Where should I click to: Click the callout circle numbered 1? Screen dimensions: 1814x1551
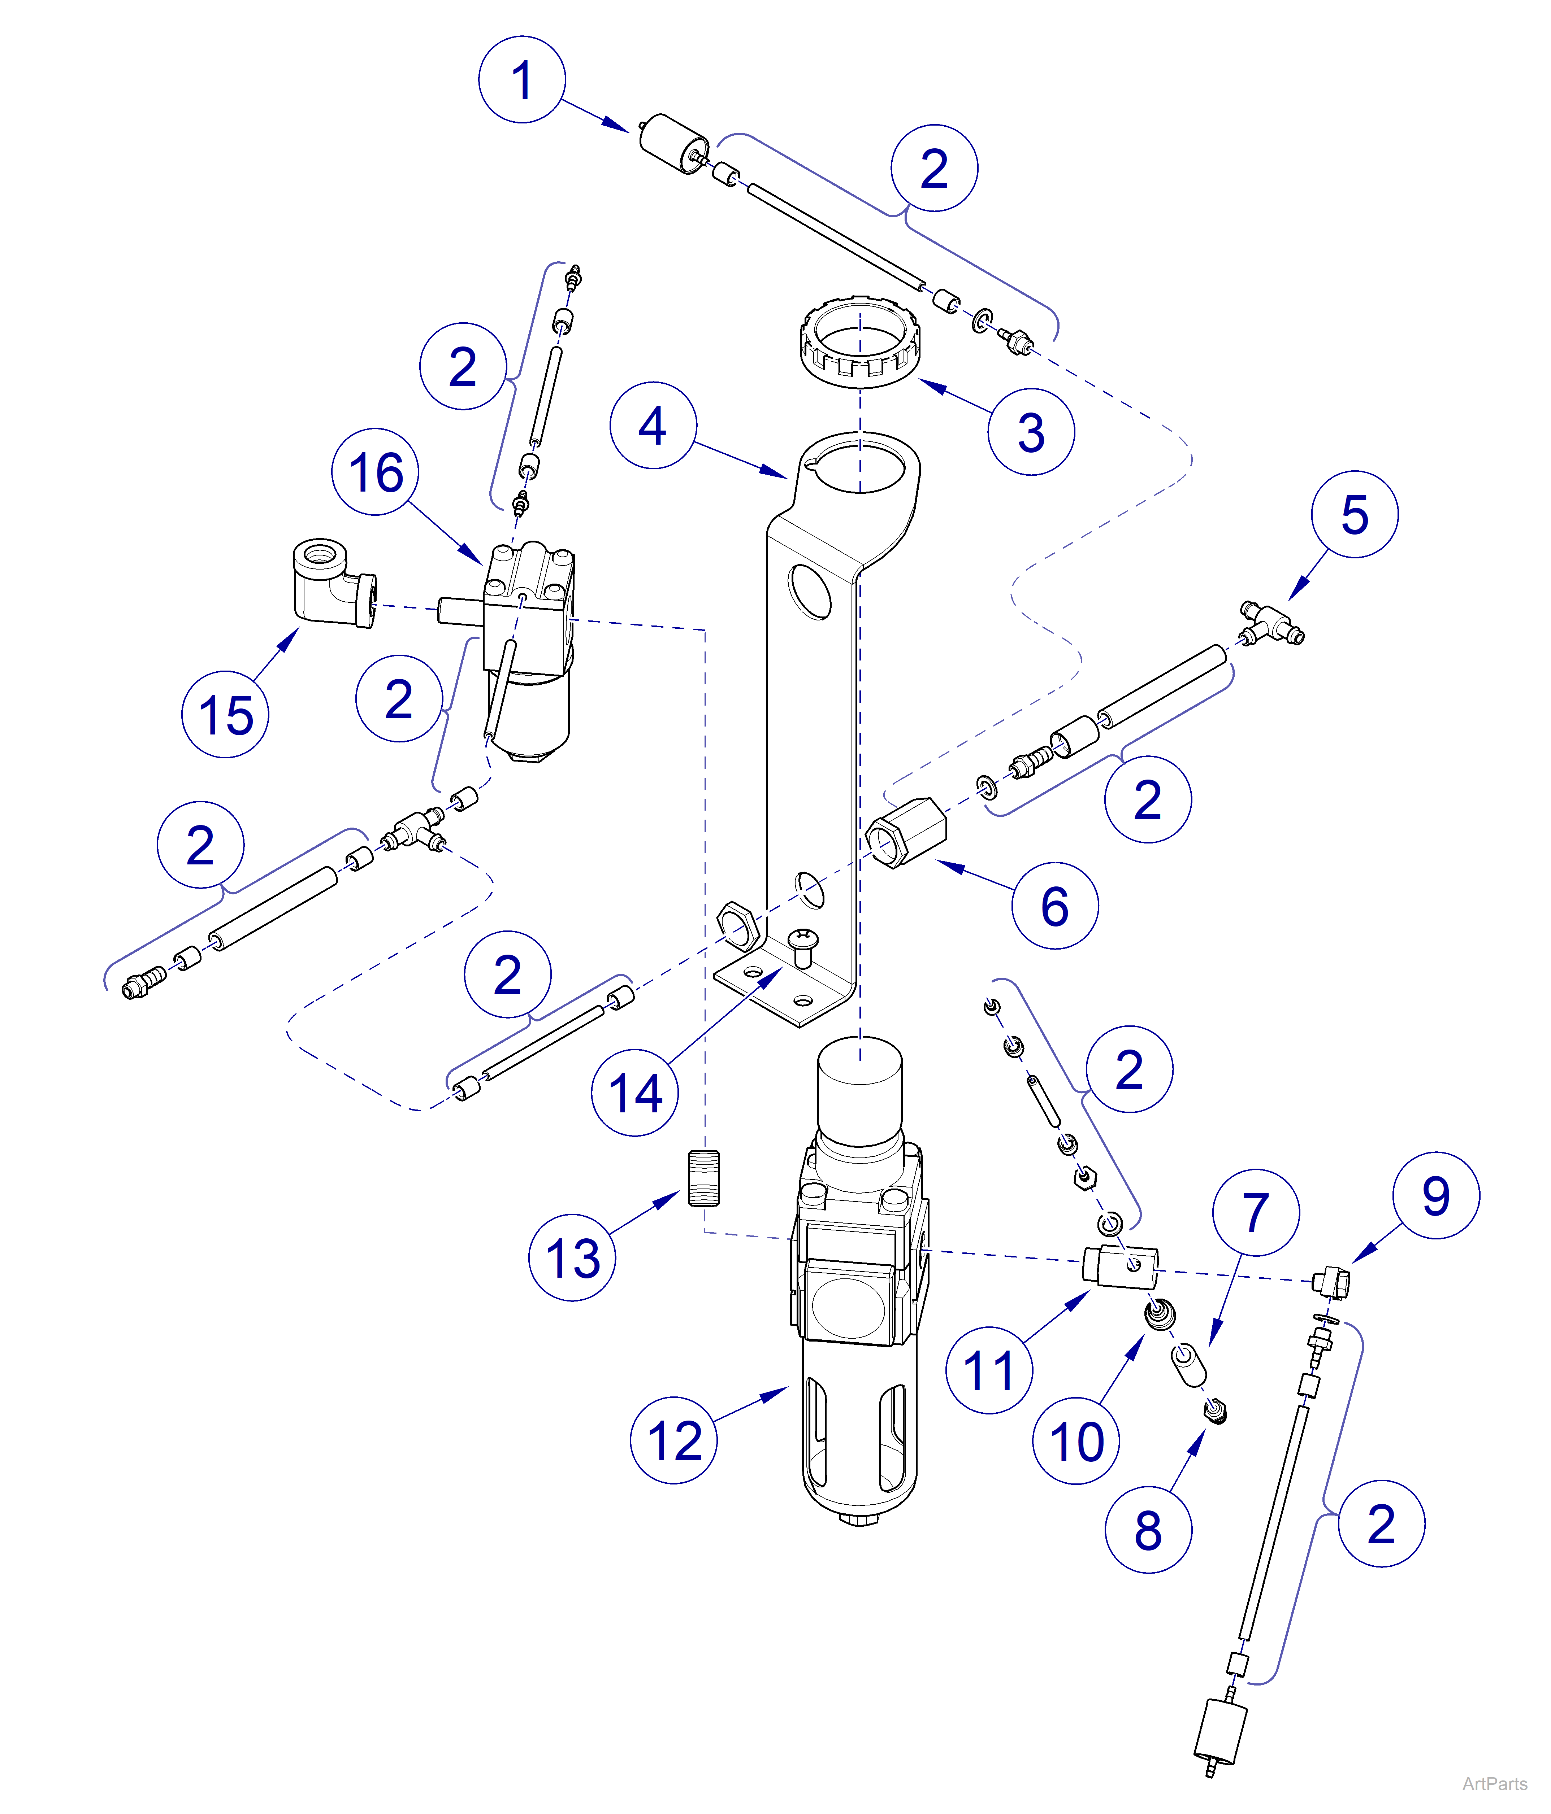tap(522, 80)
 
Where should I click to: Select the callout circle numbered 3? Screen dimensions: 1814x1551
tap(1031, 432)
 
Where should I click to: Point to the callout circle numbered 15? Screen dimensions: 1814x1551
tap(225, 714)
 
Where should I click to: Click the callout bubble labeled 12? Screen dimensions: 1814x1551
tap(673, 1440)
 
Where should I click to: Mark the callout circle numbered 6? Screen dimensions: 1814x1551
tap(1054, 905)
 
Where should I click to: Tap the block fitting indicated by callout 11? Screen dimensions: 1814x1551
tap(1120, 1266)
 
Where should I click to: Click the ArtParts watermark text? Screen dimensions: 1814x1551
tap(1494, 1783)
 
